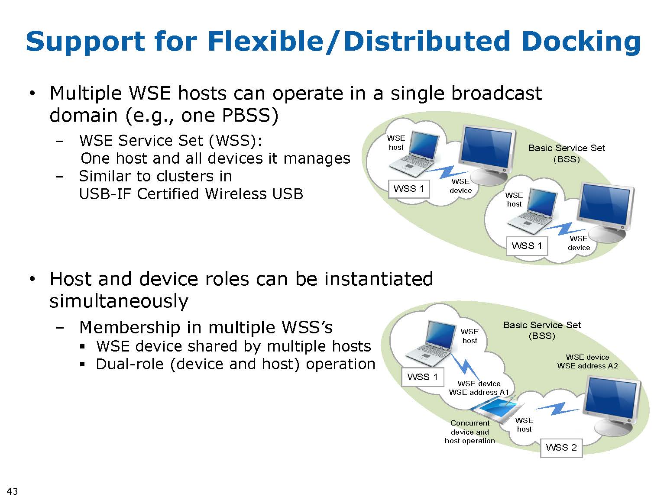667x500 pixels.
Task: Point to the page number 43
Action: (x=13, y=491)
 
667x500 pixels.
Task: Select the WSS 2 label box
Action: (x=561, y=448)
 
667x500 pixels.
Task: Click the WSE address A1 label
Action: (x=479, y=392)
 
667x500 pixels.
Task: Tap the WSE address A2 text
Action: (x=587, y=366)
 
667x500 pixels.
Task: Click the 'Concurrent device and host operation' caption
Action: (x=470, y=432)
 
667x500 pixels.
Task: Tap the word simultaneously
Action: (x=119, y=301)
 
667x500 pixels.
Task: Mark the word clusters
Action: (x=185, y=176)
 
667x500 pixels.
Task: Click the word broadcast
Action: (x=496, y=93)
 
